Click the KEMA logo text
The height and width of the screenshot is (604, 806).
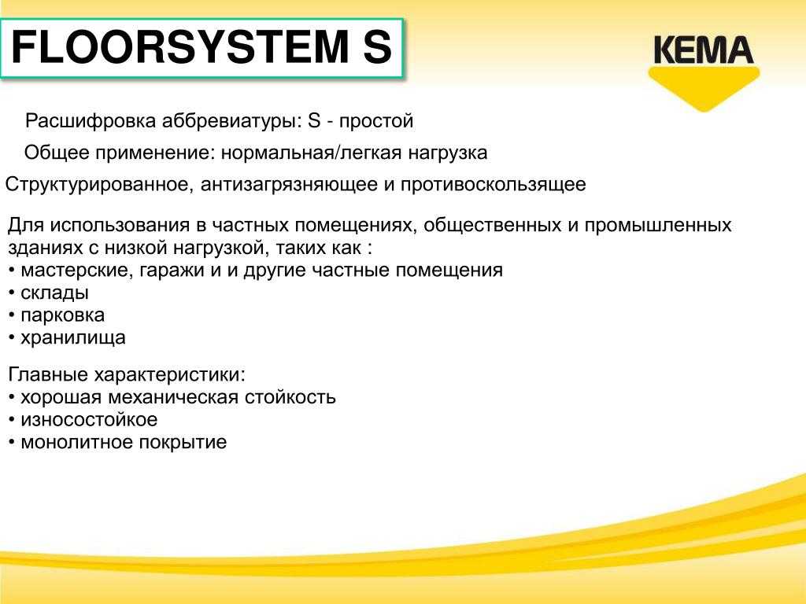coord(703,50)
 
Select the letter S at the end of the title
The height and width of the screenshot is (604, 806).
coord(378,47)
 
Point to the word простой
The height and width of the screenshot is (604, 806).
coord(376,121)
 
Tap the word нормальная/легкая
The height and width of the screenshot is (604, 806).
coord(311,153)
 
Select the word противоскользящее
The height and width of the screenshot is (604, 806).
coord(494,184)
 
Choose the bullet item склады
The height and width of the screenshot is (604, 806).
coord(54,293)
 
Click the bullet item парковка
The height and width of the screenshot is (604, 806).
coord(63,315)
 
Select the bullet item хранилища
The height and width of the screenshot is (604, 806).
coord(73,338)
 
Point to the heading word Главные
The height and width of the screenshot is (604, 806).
coord(48,374)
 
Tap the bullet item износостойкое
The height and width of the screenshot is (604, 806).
coord(89,420)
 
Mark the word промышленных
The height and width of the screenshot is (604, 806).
coord(658,226)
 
